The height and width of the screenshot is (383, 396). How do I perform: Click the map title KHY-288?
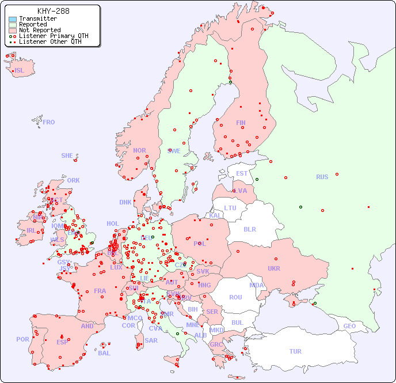click(53, 11)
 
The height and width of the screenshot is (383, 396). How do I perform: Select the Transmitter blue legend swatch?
click(13, 19)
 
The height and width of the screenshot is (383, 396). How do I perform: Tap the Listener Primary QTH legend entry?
click(54, 36)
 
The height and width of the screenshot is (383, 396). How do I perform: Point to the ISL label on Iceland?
click(19, 71)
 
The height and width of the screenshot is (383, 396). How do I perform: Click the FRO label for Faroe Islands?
click(49, 122)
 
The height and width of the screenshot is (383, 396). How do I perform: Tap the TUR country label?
click(295, 351)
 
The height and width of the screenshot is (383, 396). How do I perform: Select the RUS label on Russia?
click(322, 177)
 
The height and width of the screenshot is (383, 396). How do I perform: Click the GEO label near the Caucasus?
click(349, 326)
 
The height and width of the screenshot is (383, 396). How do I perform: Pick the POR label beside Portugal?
click(22, 339)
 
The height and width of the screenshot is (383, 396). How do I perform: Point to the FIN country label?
click(241, 123)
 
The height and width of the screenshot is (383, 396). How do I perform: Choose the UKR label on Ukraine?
click(273, 268)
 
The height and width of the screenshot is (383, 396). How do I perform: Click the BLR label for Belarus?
click(249, 229)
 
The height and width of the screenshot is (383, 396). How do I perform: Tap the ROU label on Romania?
click(235, 297)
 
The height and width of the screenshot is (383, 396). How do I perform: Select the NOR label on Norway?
click(139, 150)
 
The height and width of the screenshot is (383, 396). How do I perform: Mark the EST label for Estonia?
click(242, 173)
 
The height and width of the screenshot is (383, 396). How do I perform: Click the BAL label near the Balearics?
click(104, 353)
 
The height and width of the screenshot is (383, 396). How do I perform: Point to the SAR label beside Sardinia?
click(151, 340)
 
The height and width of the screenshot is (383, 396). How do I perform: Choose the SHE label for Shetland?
click(67, 156)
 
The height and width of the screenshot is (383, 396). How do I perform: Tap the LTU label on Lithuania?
click(230, 208)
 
